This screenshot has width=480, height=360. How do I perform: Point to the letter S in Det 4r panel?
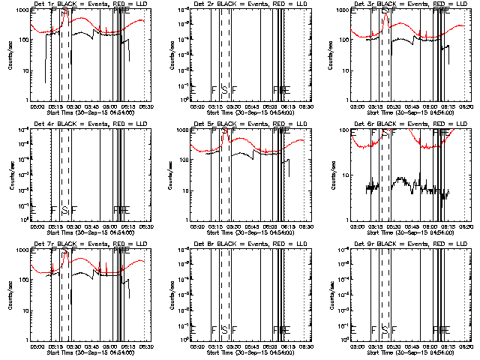coord(64,210)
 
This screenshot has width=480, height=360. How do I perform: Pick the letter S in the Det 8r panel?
coord(224,330)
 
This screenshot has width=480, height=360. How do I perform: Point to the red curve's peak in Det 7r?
coord(65,252)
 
